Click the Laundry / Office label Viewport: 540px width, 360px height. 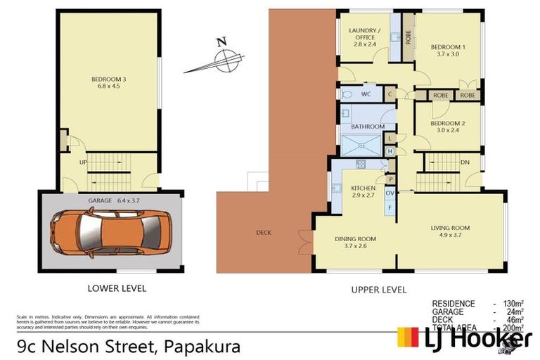pyautogui.click(x=365, y=35)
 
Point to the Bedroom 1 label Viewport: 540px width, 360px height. pyautogui.click(x=448, y=51)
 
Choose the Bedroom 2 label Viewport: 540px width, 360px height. pyautogui.click(x=448, y=127)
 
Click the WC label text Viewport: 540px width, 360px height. pyautogui.click(x=366, y=94)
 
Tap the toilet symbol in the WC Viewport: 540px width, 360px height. pyautogui.click(x=347, y=94)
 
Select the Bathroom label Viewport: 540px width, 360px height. pyautogui.click(x=368, y=127)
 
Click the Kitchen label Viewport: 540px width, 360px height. pyautogui.click(x=364, y=192)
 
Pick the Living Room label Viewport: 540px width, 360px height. pyautogui.click(x=450, y=231)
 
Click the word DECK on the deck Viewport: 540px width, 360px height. pyautogui.click(x=264, y=233)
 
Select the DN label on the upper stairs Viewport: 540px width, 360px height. pyautogui.click(x=464, y=161)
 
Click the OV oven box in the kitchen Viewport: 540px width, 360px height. pyautogui.click(x=389, y=193)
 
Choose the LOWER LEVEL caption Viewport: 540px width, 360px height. pyautogui.click(x=117, y=288)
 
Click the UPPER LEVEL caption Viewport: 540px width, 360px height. pyautogui.click(x=378, y=289)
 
